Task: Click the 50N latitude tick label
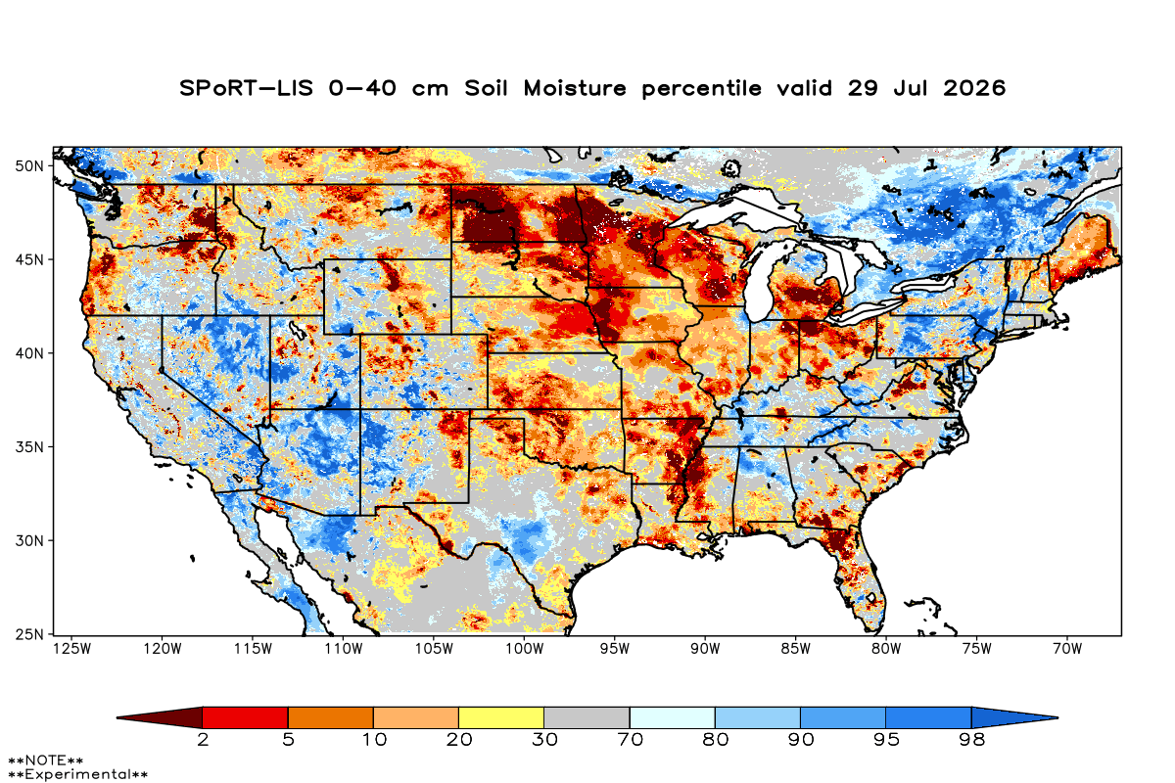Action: (29, 166)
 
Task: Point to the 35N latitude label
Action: (29, 447)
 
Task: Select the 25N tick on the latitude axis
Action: (29, 634)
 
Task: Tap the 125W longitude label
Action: (71, 649)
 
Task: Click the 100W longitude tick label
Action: (525, 649)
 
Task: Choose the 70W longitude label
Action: (1067, 649)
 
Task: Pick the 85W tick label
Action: (796, 649)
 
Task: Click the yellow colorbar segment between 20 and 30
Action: (501, 717)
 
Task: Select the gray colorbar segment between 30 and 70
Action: (587, 717)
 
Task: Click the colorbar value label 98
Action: (971, 740)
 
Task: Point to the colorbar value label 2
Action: (203, 740)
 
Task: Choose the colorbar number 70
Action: (630, 740)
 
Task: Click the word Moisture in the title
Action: (575, 88)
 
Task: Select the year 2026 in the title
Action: (974, 88)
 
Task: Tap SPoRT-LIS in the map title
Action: (246, 88)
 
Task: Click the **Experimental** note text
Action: (77, 774)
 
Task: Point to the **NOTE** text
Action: (46, 760)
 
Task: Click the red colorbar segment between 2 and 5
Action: (245, 717)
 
